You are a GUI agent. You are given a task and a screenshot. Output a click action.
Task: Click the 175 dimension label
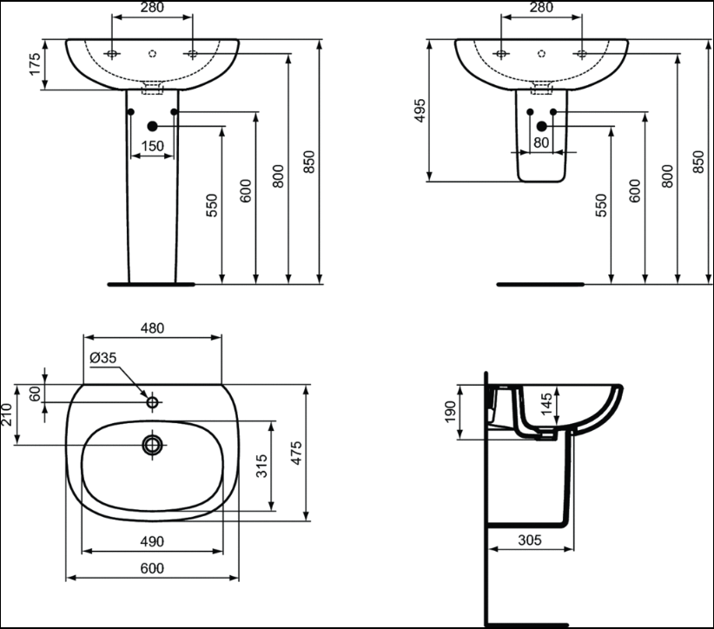coord(35,64)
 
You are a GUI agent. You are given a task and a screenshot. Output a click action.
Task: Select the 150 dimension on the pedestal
coord(152,146)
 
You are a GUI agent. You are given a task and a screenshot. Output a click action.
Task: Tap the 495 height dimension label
coord(420,110)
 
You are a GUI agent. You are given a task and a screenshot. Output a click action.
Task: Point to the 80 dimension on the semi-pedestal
coord(541,142)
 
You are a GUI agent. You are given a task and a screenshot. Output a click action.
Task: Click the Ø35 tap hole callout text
coord(103,358)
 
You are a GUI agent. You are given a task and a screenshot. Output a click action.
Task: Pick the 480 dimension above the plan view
coord(152,328)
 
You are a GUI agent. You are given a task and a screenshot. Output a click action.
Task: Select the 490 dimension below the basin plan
coord(152,541)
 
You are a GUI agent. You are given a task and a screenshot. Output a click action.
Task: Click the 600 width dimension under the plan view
coord(152,568)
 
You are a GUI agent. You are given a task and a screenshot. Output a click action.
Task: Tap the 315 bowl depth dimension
coord(261,466)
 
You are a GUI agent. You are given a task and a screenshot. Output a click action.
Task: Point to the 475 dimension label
coord(296,453)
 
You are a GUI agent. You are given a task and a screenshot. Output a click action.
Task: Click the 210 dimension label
coord(6,414)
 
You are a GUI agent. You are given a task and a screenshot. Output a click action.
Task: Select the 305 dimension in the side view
coord(530,540)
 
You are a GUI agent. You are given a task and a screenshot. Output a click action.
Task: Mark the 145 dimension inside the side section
coord(546,403)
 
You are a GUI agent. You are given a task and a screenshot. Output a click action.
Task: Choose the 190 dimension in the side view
coord(450,412)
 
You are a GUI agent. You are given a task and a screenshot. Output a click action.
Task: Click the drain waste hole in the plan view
coord(153,445)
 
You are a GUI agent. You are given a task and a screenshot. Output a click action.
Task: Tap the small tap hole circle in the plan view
coord(153,402)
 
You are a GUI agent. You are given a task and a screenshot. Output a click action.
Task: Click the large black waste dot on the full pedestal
coord(152,126)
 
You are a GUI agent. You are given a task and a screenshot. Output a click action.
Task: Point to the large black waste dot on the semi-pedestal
coord(541,126)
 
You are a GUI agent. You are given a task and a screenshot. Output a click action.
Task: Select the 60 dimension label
coord(35,394)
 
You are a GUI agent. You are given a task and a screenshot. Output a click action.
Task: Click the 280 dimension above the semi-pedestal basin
coord(541,7)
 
